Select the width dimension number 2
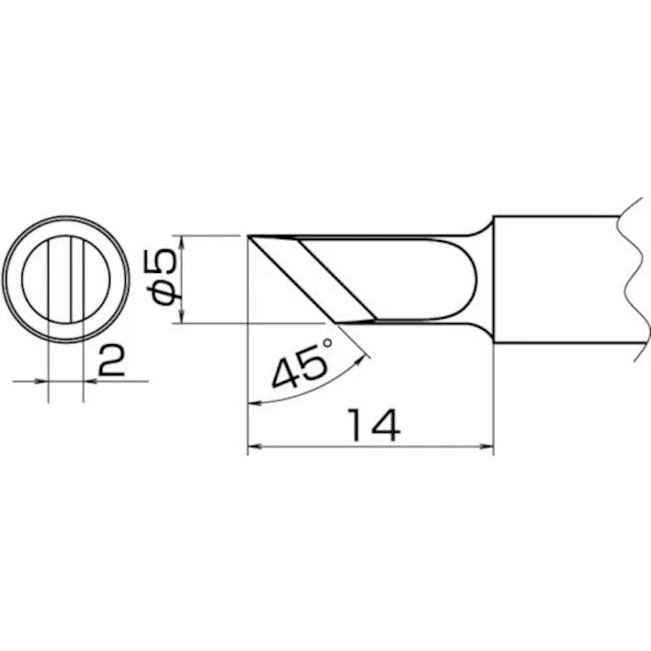110,361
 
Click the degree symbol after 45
324,345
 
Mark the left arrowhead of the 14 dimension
255,447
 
